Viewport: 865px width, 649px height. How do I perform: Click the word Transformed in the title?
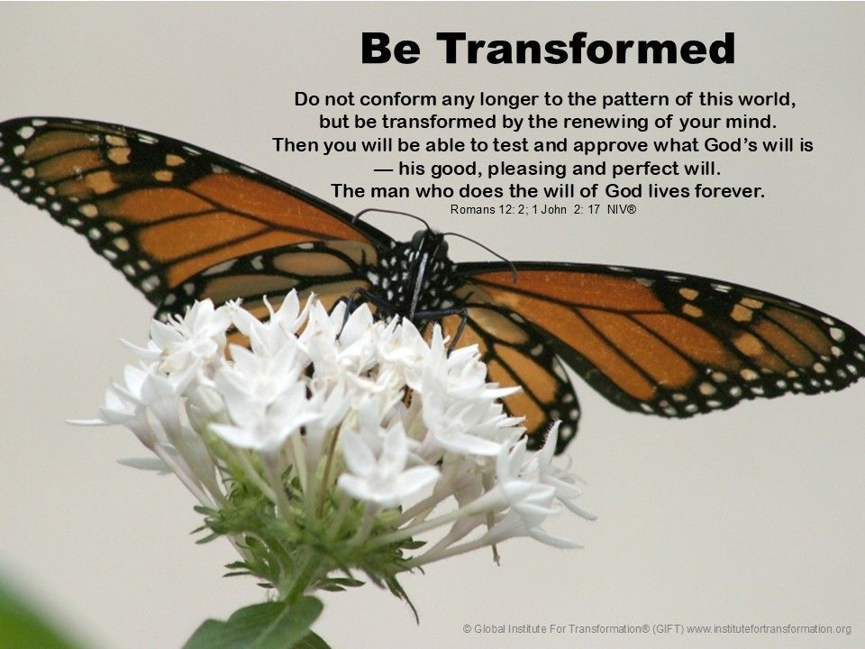(586, 49)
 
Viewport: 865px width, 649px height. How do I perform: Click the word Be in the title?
(390, 49)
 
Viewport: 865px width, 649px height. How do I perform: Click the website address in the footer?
(769, 628)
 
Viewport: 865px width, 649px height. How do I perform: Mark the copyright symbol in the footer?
(468, 628)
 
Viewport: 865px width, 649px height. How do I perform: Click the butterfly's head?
(424, 242)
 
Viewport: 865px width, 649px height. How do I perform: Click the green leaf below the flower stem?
(259, 624)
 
